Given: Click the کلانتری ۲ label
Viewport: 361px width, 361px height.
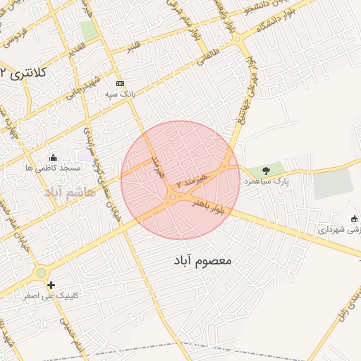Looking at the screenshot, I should tap(24, 73).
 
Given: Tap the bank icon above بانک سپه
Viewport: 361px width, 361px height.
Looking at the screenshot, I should tap(120, 82).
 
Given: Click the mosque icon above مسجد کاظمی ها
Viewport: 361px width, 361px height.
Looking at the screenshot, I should tap(53, 157).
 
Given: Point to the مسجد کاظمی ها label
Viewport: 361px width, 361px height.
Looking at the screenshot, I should tap(53, 169).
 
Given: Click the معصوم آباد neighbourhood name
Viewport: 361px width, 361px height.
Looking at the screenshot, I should tap(202, 261).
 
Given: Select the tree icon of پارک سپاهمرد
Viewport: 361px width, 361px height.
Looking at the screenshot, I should tap(265, 170).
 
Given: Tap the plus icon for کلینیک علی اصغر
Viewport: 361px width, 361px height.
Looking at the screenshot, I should tap(51, 285).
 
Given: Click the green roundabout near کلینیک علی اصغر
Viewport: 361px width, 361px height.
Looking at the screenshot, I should tap(42, 272).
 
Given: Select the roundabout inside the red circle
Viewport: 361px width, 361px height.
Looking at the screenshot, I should tap(172, 199).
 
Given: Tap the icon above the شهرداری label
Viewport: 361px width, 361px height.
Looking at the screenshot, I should tap(354, 217).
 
